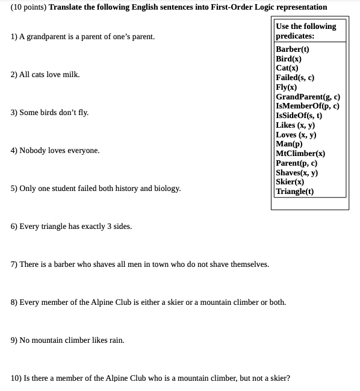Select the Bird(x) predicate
tap(288, 59)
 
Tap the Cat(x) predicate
tap(287, 69)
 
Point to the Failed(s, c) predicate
tap(295, 78)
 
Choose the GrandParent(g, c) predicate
tap(308, 97)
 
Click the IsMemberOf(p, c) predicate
tap(307, 106)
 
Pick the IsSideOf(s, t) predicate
tap(299, 116)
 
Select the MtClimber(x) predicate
tap(300, 154)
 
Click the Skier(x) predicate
tap(290, 182)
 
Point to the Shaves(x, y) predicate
tap(297, 173)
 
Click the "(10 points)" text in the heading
tap(28, 7)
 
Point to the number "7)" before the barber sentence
tap(14, 264)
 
